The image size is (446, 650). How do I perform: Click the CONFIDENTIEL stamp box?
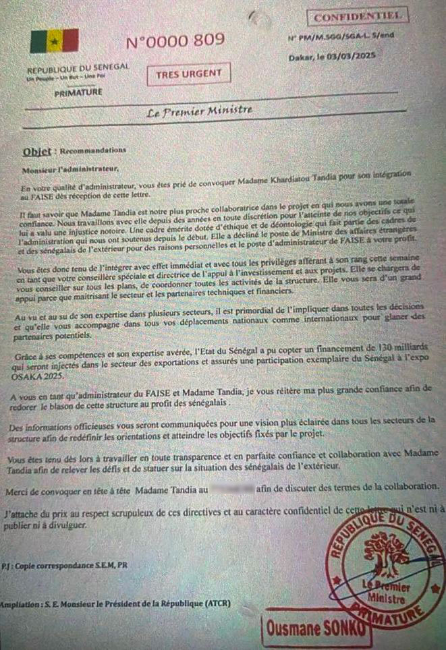tap(358, 15)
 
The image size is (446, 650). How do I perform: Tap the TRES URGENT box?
tap(189, 74)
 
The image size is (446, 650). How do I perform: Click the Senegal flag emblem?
tap(54, 41)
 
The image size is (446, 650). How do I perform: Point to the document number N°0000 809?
tap(175, 41)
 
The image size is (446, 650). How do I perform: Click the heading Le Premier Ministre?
tap(200, 111)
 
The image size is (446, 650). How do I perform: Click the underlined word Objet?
tap(36, 152)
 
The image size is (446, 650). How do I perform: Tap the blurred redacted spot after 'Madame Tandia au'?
tap(231, 487)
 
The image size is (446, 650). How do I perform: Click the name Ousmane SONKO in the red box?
tap(316, 628)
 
